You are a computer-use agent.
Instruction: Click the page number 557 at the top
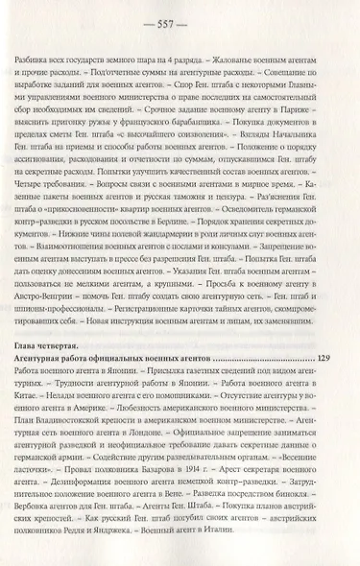[x=180, y=21]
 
